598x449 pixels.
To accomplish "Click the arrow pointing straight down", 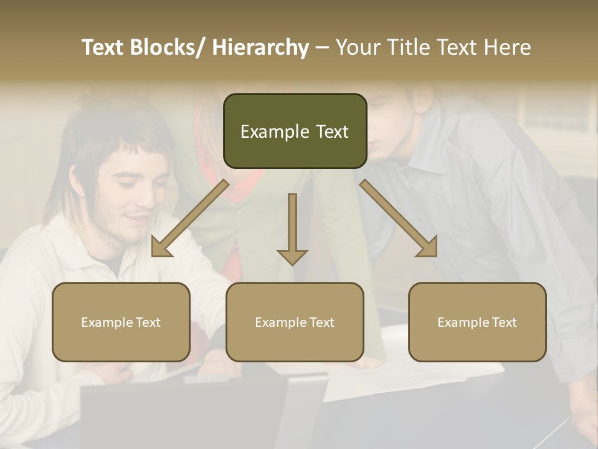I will (292, 231).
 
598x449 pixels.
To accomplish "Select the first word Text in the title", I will (103, 47).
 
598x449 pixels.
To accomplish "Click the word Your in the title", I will (358, 47).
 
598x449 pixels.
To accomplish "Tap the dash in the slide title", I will (322, 47).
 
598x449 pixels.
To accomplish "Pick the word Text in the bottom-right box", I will (504, 322).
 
